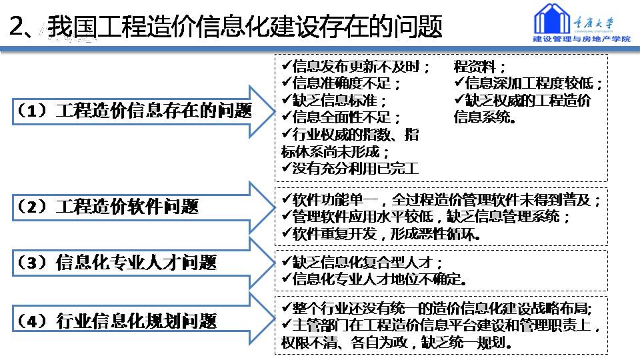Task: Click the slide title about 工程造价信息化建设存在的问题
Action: point(226,27)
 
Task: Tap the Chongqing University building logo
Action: point(551,19)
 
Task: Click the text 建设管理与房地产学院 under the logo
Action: point(581,39)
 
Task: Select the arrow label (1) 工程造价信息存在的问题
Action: point(134,111)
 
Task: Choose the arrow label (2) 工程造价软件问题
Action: point(107,207)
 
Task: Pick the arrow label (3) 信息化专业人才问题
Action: point(116,263)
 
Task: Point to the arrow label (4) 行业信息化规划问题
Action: point(116,321)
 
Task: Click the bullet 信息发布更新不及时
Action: point(355,67)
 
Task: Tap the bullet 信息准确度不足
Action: point(341,83)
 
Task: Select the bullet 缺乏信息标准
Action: point(334,101)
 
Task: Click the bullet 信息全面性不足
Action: point(341,117)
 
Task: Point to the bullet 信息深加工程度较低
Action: point(528,83)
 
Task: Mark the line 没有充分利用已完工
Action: point(350,168)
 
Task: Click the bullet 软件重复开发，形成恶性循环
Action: point(381,234)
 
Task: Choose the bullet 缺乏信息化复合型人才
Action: point(362,261)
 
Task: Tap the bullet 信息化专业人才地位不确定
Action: point(374,279)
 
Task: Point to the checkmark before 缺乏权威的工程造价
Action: point(459,99)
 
